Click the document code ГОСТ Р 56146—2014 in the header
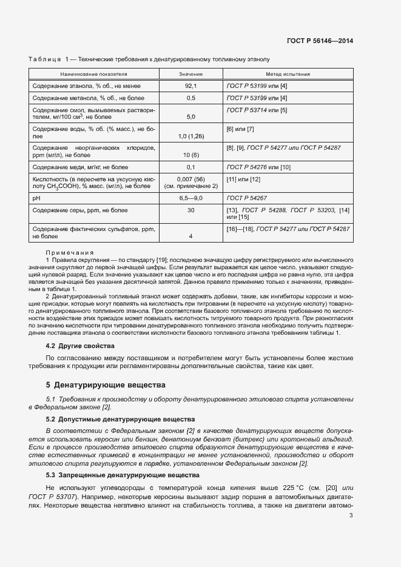[320, 41]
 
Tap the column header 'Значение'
[190, 73]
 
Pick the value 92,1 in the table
[190, 86]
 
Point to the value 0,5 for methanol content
[190, 98]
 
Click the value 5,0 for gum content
[190, 116]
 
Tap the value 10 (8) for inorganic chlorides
[190, 155]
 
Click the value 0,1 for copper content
[190, 167]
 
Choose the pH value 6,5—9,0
[190, 198]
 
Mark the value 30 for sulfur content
[190, 210]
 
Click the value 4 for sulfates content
[190, 237]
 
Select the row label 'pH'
[36, 198]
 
